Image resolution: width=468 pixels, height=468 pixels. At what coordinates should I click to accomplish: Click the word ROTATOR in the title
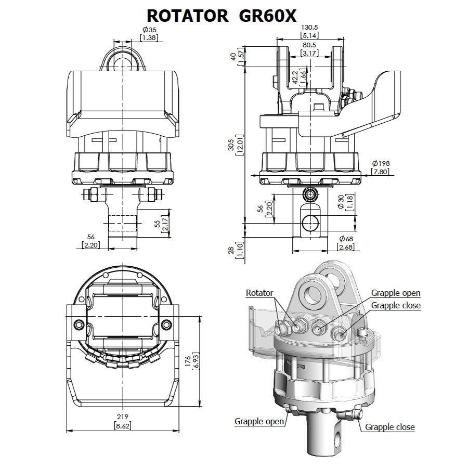pyautogui.click(x=187, y=15)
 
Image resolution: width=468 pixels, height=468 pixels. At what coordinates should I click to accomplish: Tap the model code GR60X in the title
pyautogui.click(x=268, y=15)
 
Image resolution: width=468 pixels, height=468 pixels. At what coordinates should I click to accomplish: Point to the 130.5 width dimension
pyautogui.click(x=310, y=27)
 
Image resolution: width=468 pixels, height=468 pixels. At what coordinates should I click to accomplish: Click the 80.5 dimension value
pyautogui.click(x=310, y=45)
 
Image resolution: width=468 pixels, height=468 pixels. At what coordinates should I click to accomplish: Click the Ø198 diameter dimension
pyautogui.click(x=381, y=163)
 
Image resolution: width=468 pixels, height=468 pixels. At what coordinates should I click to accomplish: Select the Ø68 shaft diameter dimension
pyautogui.click(x=346, y=239)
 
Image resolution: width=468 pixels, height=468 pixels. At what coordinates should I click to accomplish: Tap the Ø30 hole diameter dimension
pyautogui.click(x=341, y=202)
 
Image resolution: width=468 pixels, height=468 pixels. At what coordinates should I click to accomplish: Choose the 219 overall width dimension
pyautogui.click(x=122, y=417)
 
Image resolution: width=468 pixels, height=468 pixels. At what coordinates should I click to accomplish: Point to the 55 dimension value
pyautogui.click(x=157, y=224)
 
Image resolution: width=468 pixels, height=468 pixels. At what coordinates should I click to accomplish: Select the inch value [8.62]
pyautogui.click(x=122, y=425)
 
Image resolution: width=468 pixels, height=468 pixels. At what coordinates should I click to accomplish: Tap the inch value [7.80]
pyautogui.click(x=381, y=172)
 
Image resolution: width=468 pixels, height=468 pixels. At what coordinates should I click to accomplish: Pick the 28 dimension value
pyautogui.click(x=231, y=251)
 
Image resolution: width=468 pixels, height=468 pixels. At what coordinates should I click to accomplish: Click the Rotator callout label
pyautogui.click(x=259, y=293)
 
